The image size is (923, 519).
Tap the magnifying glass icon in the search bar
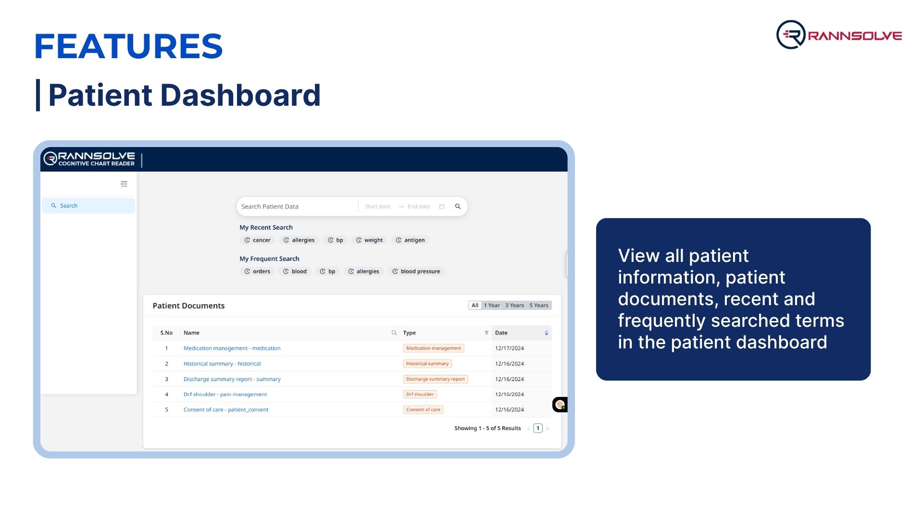pos(458,207)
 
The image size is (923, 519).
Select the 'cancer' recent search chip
pos(257,240)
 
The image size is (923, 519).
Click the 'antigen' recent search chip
pos(410,240)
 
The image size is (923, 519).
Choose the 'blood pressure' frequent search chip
pos(416,272)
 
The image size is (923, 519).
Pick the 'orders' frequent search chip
pos(257,272)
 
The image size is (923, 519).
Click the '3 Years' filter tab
pos(514,306)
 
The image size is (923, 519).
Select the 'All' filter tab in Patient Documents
pos(475,306)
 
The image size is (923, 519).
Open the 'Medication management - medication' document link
pos(232,348)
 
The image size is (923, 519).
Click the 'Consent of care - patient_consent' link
pos(226,410)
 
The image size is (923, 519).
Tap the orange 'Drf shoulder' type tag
pos(420,395)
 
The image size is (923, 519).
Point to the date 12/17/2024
pos(510,348)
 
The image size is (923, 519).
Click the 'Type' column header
pos(410,333)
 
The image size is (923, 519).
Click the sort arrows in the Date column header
pos(546,333)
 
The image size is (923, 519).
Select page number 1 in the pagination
pos(538,428)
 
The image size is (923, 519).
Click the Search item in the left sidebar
pos(88,206)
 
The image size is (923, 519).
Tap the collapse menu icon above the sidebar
pos(124,184)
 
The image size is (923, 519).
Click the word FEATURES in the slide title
pos(129,47)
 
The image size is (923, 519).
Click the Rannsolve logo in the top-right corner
pos(839,35)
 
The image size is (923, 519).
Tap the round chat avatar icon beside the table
pos(560,405)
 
